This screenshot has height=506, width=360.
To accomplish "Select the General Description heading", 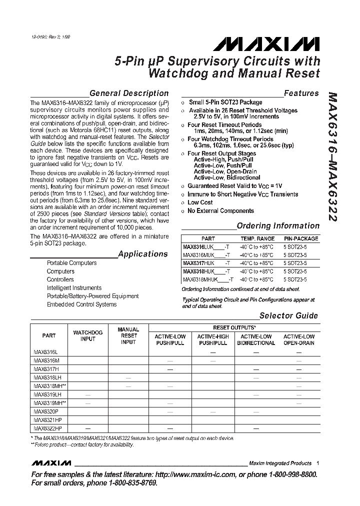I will pos(128,93).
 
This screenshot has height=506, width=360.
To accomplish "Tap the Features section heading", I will pos(301,93).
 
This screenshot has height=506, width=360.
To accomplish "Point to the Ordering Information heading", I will pos(278,225).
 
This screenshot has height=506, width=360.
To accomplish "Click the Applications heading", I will pos(143,254).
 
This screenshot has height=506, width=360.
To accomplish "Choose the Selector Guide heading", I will pos(288,315).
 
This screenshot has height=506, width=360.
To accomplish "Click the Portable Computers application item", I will pos(71,263).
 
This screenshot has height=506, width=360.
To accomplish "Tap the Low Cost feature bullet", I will pos(200,202).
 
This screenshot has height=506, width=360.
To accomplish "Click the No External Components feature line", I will pos(220,210).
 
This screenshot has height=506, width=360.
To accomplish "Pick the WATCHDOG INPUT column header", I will pos(88,335).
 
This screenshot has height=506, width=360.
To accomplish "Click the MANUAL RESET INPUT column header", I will pos(128,336).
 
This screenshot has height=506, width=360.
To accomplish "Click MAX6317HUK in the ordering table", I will pos(198,263).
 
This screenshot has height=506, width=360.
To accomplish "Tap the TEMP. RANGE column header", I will pos(257,238).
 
